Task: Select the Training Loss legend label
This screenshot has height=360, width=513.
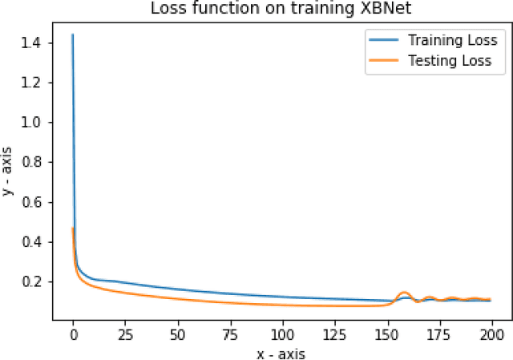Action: tap(453, 40)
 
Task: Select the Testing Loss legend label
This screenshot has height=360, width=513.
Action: tap(450, 60)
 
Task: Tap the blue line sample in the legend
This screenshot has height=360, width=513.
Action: tap(383, 40)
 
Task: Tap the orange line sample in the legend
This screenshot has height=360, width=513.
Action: tap(383, 60)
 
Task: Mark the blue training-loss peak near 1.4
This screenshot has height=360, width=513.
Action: tap(73, 35)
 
